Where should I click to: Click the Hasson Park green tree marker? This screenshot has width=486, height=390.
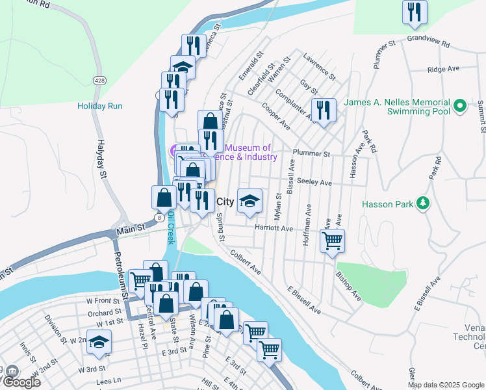[424, 204]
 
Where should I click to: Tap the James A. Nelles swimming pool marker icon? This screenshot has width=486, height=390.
[460, 105]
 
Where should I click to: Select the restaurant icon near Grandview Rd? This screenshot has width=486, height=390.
[414, 12]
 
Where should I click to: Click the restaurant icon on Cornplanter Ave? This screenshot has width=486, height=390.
[323, 110]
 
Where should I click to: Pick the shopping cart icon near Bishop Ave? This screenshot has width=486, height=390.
[332, 241]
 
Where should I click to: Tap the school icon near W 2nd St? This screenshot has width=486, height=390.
[99, 342]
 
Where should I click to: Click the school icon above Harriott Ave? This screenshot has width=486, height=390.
[249, 201]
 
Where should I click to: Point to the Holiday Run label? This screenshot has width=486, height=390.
[99, 106]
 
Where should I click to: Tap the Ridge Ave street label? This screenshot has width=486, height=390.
[443, 69]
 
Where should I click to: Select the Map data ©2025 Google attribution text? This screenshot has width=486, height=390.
[446, 385]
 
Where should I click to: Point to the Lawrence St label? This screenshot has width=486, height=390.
[319, 67]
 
